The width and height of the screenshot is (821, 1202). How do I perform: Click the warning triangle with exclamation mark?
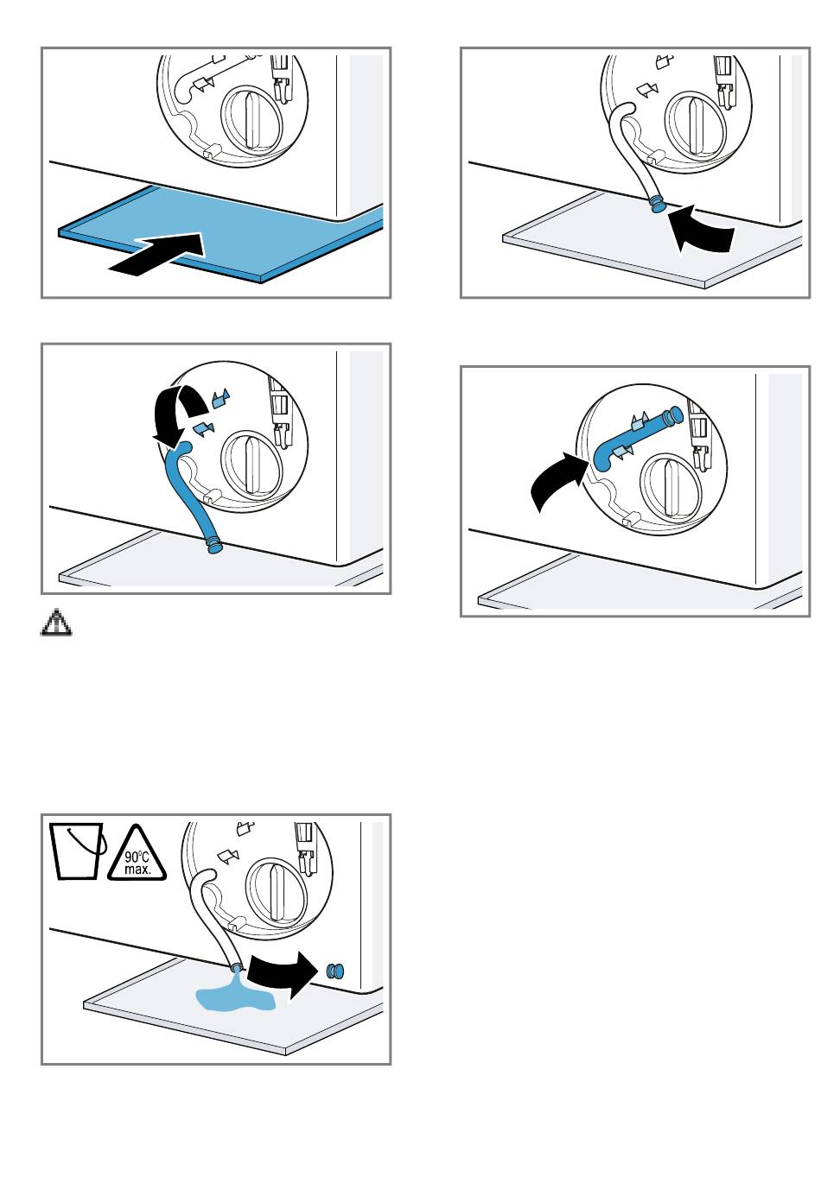pyautogui.click(x=56, y=623)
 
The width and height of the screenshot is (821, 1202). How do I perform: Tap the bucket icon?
pyautogui.click(x=77, y=851)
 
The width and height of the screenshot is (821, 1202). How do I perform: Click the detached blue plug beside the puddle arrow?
pyautogui.click(x=335, y=971)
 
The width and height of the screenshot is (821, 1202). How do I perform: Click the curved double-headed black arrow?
pyautogui.click(x=177, y=413)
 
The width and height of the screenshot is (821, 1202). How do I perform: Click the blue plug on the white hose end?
pyautogui.click(x=657, y=205)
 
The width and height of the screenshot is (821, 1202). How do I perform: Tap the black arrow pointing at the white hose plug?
pyautogui.click(x=701, y=231)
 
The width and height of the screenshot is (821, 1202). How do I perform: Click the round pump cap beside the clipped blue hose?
pyautogui.click(x=671, y=487)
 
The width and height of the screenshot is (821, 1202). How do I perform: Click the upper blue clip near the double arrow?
pyautogui.click(x=220, y=398)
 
